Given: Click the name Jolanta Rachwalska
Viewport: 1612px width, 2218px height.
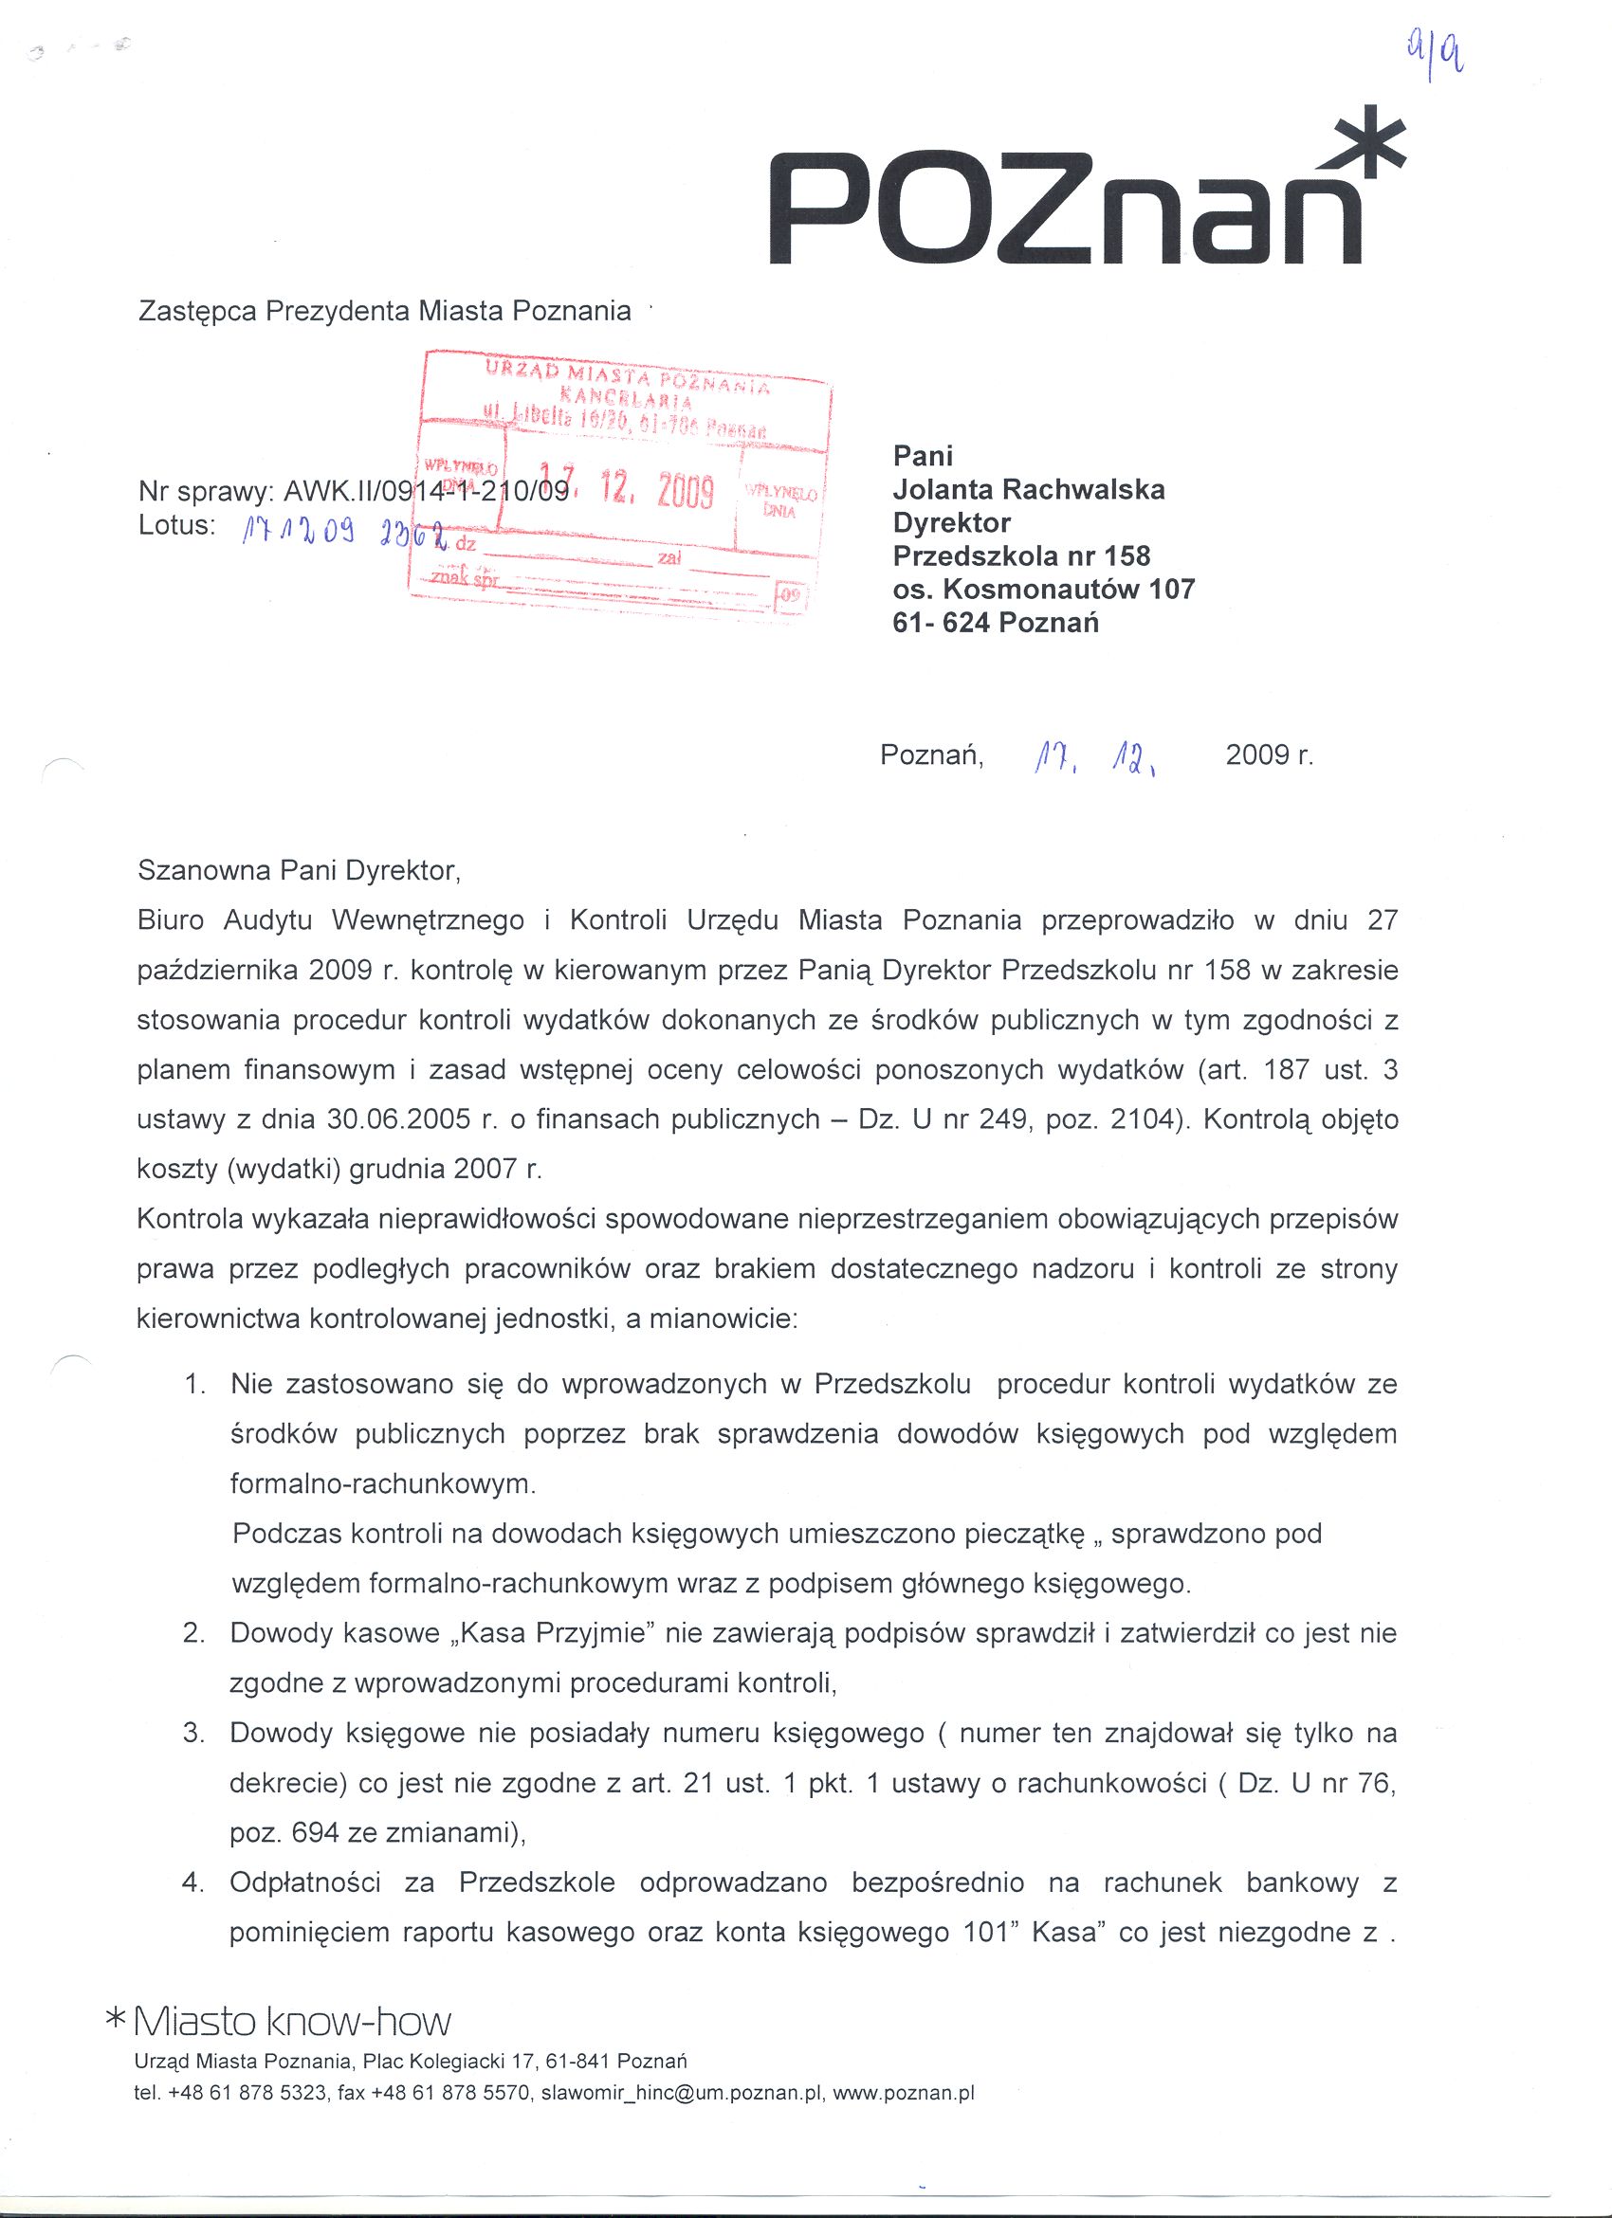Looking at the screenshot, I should point(1028,489).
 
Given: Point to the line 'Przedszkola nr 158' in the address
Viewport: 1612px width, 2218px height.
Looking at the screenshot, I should point(1021,555).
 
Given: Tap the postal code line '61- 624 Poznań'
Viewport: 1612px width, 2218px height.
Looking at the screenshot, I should point(996,622).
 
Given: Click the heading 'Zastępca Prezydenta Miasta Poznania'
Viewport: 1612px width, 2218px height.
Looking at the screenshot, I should point(384,311).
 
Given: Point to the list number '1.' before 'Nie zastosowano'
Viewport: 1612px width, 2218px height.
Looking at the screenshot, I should point(195,1384).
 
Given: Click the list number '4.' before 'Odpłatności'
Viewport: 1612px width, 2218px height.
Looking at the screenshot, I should point(193,1882).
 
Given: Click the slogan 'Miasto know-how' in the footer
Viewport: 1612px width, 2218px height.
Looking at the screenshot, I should point(290,2022).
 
